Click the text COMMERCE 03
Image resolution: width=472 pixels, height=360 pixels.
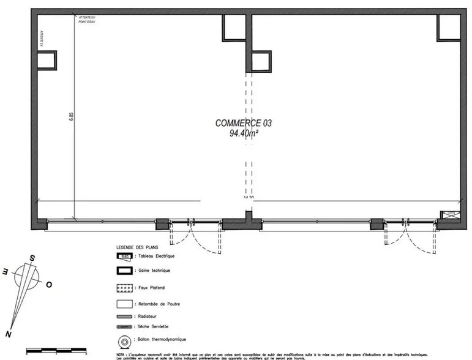tap(243, 123)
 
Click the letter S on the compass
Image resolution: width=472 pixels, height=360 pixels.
tap(32, 259)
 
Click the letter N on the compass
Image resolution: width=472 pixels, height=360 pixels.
tap(8, 334)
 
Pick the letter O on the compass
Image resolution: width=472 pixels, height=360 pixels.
tap(49, 285)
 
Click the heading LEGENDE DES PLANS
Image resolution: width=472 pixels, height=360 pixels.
tap(133, 247)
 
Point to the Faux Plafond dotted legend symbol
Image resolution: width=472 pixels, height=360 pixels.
tap(124, 287)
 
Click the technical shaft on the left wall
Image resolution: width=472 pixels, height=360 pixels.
tap(46, 60)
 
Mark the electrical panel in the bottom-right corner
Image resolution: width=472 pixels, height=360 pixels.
tap(451, 215)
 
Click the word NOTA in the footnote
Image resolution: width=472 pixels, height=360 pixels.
tap(121, 353)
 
